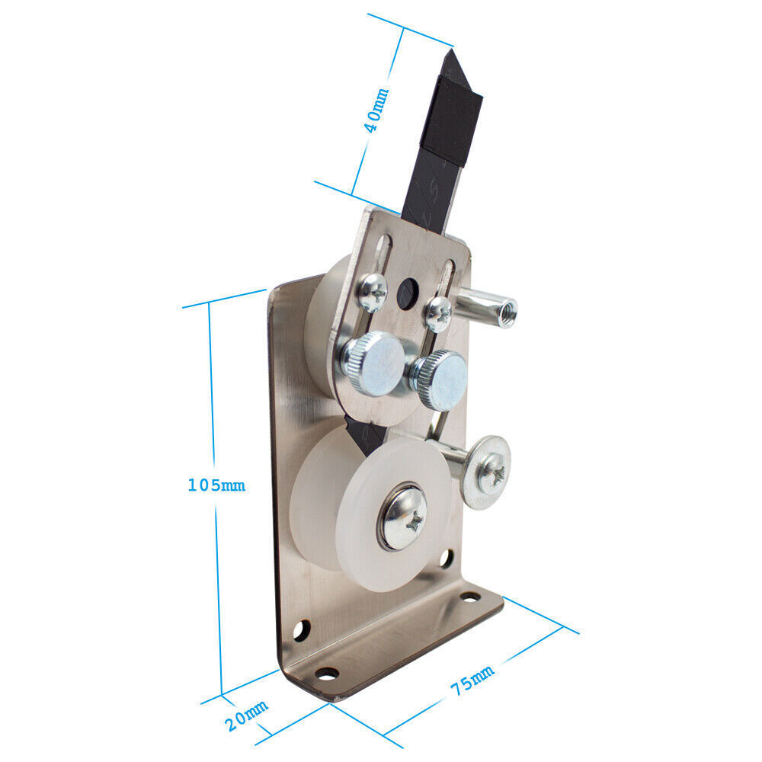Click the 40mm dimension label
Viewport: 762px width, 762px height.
pos(377,110)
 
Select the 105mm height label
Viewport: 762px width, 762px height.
pos(216,485)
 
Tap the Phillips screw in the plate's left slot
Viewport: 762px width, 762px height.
pos(372,293)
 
